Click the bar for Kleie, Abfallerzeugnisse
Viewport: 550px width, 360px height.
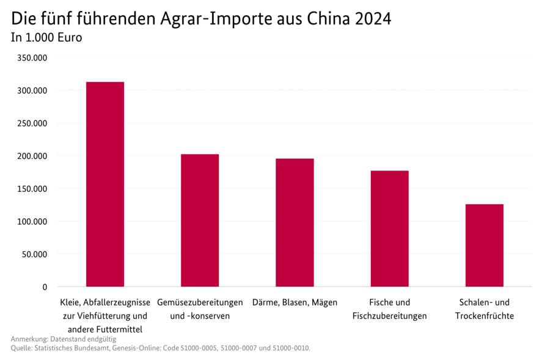pyautogui.click(x=105, y=184)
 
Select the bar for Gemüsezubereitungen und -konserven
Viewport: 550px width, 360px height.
pyautogui.click(x=200, y=220)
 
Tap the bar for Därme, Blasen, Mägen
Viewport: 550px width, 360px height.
pyautogui.click(x=295, y=222)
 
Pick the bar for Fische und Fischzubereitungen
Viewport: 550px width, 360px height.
pyautogui.click(x=389, y=229)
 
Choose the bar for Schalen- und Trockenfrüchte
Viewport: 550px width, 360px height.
pyautogui.click(x=484, y=245)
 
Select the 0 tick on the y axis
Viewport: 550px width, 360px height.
pyautogui.click(x=45, y=287)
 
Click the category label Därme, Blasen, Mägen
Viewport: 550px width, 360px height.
pyautogui.click(x=295, y=303)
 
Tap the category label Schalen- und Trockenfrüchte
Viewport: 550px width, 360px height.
pyautogui.click(x=484, y=309)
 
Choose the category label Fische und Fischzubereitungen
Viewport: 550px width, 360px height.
pyautogui.click(x=389, y=309)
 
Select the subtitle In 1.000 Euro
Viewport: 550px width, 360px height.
pyautogui.click(x=46, y=37)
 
